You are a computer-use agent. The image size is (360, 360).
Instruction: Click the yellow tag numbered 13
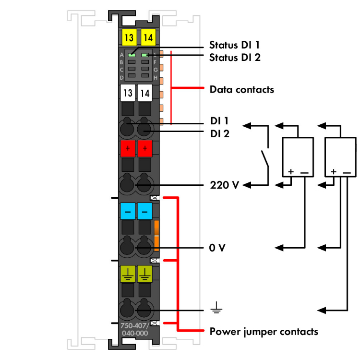point(128,36)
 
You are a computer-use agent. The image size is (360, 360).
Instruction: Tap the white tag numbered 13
point(128,93)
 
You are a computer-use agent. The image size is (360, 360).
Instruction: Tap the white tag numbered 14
point(145,93)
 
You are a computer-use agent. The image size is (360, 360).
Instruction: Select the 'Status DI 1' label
point(234,46)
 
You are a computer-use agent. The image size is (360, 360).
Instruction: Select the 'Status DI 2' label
point(234,58)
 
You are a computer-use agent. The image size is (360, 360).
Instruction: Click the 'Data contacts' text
point(241,89)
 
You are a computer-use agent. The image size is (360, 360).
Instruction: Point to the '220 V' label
point(224,185)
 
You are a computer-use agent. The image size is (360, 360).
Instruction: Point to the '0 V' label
point(217,248)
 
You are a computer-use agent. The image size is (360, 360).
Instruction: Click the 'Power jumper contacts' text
point(264,331)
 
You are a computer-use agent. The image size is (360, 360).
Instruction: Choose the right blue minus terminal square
point(145,211)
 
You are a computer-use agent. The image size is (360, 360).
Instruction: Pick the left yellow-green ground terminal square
point(128,273)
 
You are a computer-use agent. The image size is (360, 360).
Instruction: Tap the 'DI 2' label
point(219,134)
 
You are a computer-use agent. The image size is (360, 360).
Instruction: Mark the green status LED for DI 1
point(131,55)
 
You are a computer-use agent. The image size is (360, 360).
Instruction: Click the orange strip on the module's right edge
point(156,236)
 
